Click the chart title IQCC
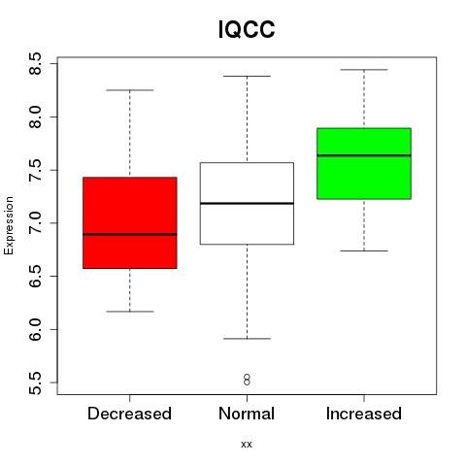coord(247,29)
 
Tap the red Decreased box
coord(130,222)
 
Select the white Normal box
coord(247,203)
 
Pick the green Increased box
coord(364,163)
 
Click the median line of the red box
coord(130,234)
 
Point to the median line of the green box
coord(364,155)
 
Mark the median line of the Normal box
coord(247,203)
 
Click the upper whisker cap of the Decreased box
coord(130,90)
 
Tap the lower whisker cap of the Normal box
coord(247,339)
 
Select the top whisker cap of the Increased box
coord(364,70)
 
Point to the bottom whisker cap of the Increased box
coord(364,250)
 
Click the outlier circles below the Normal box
coord(247,380)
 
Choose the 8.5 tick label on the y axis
coord(35,64)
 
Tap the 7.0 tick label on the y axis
coord(35,223)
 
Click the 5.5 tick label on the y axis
coord(35,383)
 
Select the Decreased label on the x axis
coord(129,414)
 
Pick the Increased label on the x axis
coord(364,414)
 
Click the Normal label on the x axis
coord(247,414)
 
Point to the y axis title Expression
coord(9,225)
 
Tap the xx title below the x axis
coord(247,445)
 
